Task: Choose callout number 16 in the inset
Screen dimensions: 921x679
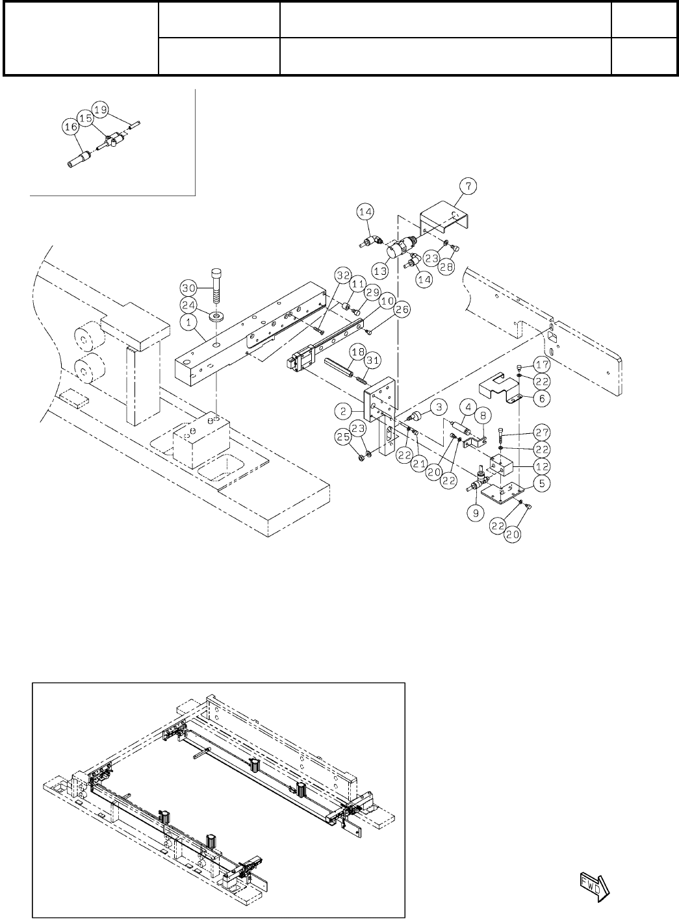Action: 70,129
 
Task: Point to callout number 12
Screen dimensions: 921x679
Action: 541,465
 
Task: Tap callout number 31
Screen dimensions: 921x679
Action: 376,360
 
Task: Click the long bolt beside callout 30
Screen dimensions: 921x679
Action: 216,283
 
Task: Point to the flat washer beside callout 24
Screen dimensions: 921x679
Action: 215,316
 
